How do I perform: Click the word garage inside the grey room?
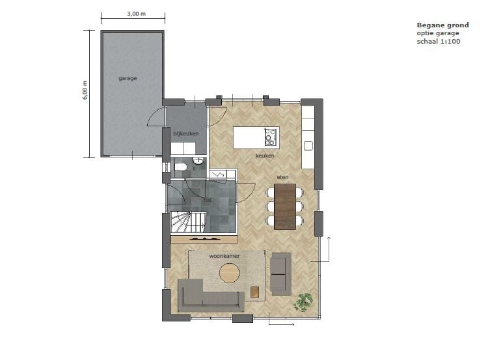(x=128, y=78)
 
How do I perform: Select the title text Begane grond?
(x=442, y=25)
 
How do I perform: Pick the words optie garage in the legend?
(x=438, y=33)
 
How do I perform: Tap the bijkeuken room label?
(x=185, y=133)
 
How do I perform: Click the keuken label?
(x=264, y=156)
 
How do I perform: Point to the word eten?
(x=281, y=177)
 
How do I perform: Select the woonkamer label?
(x=224, y=256)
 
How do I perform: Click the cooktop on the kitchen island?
(x=271, y=137)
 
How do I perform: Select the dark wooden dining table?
(x=286, y=206)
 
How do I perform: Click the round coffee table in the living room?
(x=230, y=273)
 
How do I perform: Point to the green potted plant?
(x=303, y=301)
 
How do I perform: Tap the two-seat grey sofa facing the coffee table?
(x=281, y=273)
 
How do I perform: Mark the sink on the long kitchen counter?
(x=308, y=145)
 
